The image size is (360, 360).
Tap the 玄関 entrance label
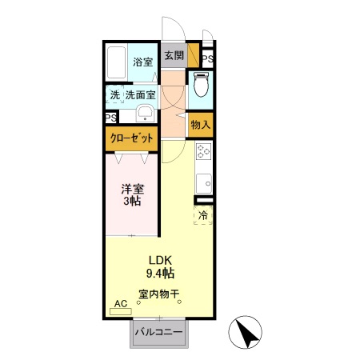tap(173, 56)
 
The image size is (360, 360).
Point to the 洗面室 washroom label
tap(139, 95)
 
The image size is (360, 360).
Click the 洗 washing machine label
tap(114, 95)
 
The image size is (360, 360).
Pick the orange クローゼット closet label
tap(131, 138)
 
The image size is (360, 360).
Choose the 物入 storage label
tap(201, 125)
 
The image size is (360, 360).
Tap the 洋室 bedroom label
tap(132, 190)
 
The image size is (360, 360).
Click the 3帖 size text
tap(132, 202)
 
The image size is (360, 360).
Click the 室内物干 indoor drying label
tap(158, 294)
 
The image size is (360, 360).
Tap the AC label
tap(121, 304)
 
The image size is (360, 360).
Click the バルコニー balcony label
tap(158, 332)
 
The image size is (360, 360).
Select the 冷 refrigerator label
tap(203, 214)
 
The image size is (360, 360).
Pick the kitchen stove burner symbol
tap(203, 150)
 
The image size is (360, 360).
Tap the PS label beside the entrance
tap(207, 59)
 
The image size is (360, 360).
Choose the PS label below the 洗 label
tap(110, 117)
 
